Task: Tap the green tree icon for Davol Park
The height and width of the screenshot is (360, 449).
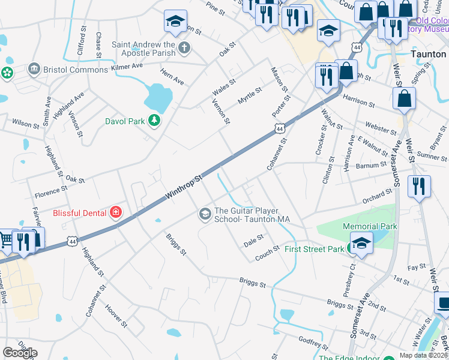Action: [155, 121]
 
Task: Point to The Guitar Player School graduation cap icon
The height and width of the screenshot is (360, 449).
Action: [205, 214]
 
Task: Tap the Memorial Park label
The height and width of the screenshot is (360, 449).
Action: [370, 226]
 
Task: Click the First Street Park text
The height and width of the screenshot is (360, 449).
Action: [314, 249]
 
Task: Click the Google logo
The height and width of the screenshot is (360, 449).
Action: [20, 352]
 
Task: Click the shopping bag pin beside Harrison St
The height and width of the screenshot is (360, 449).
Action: [405, 98]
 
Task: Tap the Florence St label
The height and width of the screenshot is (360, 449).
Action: [50, 191]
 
